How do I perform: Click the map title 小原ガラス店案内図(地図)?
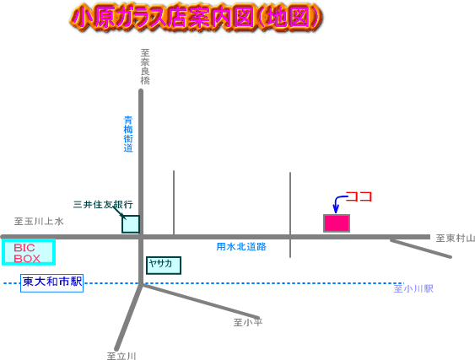coord(197,18)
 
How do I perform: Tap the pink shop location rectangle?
coord(337,223)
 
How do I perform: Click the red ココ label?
coord(359,196)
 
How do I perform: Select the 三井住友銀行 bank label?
coord(103,204)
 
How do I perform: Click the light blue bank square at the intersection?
coord(131,224)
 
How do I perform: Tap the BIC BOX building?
coord(29,252)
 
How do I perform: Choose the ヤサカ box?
coord(164,266)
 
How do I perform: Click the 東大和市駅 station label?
coord(51,283)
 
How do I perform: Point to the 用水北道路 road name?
coord(241,247)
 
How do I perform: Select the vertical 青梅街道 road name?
coord(128,134)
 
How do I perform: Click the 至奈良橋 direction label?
coord(145,67)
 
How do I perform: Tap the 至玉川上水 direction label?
coord(39,222)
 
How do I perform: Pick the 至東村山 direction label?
coord(455,239)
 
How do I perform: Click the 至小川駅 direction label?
coord(413,288)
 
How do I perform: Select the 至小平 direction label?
coord(248,322)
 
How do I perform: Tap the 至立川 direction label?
coord(121,356)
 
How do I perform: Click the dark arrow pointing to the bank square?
coord(119,212)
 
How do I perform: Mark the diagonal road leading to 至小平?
coord(200,301)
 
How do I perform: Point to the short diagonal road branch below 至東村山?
coord(421,249)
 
